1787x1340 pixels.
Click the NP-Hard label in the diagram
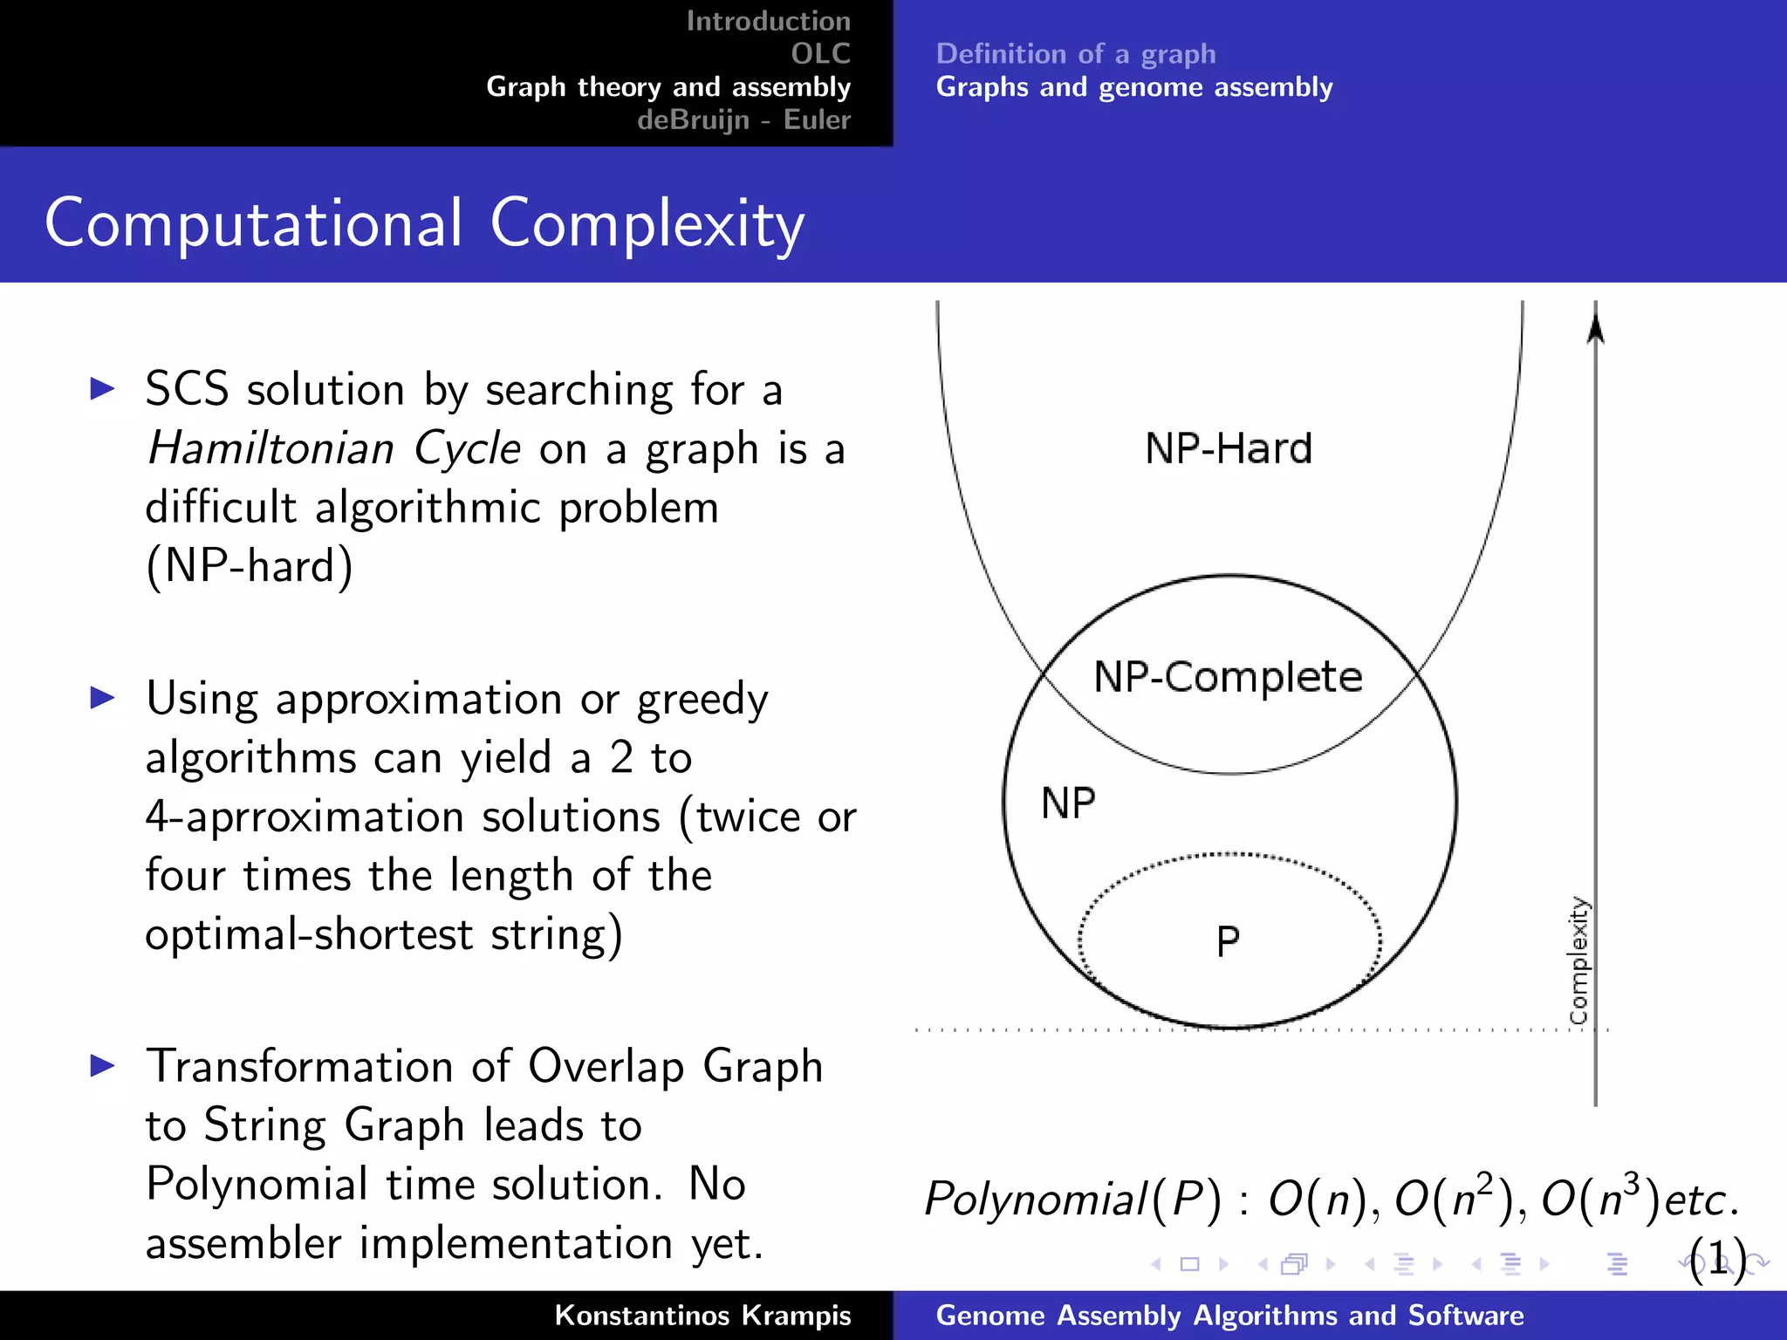click(1228, 448)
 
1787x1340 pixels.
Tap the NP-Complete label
click(1228, 677)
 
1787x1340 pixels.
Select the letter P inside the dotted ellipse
click(1228, 941)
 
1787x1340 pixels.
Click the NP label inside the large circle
click(1068, 803)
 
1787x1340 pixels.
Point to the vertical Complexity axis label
click(1578, 961)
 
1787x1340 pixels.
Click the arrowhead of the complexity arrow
click(1595, 329)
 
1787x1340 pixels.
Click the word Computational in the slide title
click(253, 223)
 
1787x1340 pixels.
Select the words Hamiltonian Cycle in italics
click(334, 448)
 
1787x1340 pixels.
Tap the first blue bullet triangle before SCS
click(103, 389)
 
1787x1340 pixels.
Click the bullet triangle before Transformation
click(103, 1065)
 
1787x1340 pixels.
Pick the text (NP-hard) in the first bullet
click(250, 566)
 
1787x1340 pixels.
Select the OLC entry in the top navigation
click(820, 54)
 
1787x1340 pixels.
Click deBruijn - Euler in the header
click(743, 120)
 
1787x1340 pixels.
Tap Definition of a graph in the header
click(1075, 54)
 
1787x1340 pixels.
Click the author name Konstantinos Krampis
click(702, 1315)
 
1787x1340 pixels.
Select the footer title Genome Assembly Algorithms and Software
click(1229, 1315)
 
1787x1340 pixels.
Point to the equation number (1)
click(1717, 1259)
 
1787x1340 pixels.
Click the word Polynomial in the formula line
click(1035, 1199)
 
